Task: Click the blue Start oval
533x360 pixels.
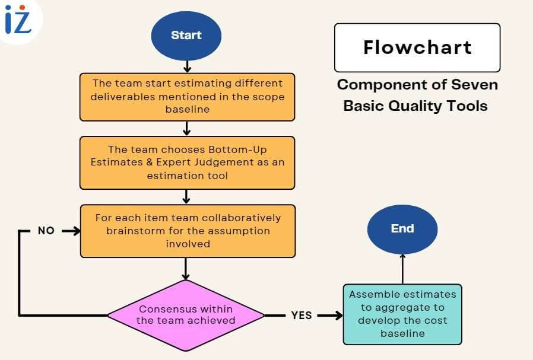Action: (x=186, y=35)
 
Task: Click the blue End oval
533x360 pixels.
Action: (x=402, y=229)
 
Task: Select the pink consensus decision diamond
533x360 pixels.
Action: (x=186, y=315)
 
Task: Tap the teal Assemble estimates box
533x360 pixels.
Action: (x=402, y=314)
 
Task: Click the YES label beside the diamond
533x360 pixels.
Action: (x=302, y=316)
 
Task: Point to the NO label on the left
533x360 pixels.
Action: (x=46, y=231)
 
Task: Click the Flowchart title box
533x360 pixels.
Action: (x=417, y=47)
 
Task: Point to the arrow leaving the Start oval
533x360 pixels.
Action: (x=187, y=66)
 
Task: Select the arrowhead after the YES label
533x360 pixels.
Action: (x=339, y=316)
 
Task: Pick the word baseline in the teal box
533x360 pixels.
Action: (x=402, y=333)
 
